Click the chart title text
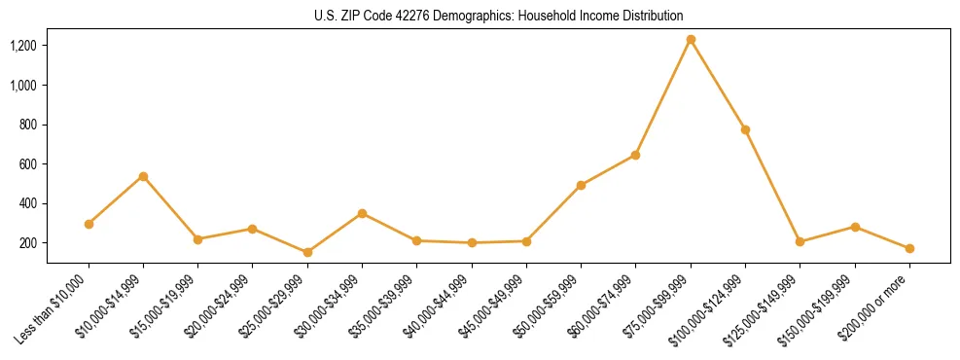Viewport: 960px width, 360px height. pyautogui.click(x=498, y=16)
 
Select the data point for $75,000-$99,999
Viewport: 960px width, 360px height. pyautogui.click(x=691, y=40)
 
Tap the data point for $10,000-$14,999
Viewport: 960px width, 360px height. pyautogui.click(x=143, y=176)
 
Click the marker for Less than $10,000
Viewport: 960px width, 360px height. pyautogui.click(x=89, y=224)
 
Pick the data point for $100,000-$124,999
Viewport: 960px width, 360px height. pyautogui.click(x=745, y=129)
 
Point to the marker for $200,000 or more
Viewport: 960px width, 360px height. pyautogui.click(x=909, y=248)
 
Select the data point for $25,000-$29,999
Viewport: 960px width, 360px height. pyautogui.click(x=307, y=252)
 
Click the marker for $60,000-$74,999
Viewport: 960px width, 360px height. pyautogui.click(x=635, y=155)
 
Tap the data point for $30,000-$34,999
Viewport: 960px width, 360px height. pyautogui.click(x=362, y=213)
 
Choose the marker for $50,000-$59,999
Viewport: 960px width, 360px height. pyautogui.click(x=581, y=185)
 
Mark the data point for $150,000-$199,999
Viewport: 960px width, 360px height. pyautogui.click(x=855, y=227)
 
